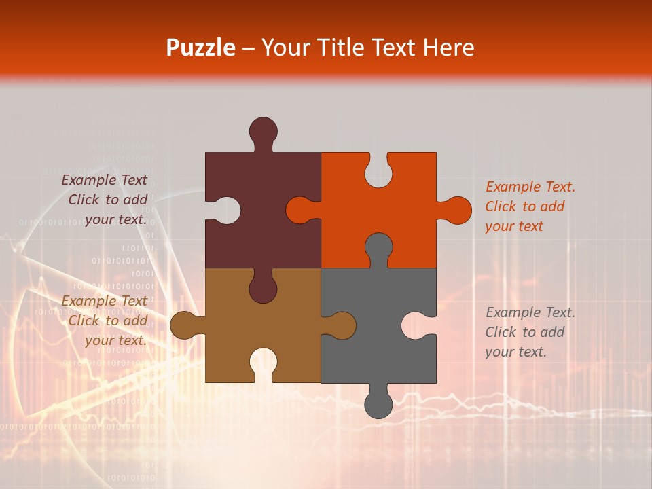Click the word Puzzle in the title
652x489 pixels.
pos(201,48)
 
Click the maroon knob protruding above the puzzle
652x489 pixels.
pos(263,130)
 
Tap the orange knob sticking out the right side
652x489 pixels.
pos(456,211)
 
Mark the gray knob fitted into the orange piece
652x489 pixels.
pos(378,248)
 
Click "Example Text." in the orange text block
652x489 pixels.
pos(530,187)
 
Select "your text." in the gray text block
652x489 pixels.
pos(515,352)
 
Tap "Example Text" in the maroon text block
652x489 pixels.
pos(105,180)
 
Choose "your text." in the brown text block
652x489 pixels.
pos(115,341)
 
